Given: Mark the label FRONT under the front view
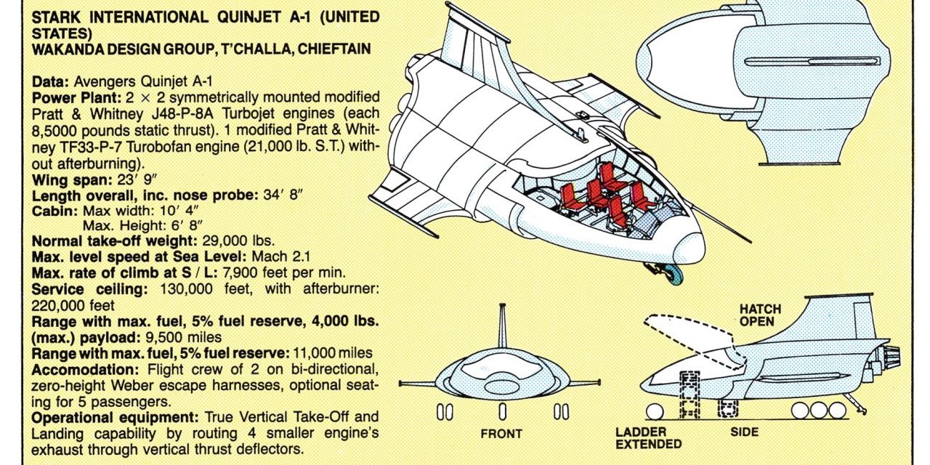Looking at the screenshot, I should click(501, 434).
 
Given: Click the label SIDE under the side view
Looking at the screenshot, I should click(744, 432).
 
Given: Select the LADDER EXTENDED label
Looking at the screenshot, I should click(648, 437).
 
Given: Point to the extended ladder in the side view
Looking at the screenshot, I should click(688, 395).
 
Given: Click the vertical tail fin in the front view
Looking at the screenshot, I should click(501, 331).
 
